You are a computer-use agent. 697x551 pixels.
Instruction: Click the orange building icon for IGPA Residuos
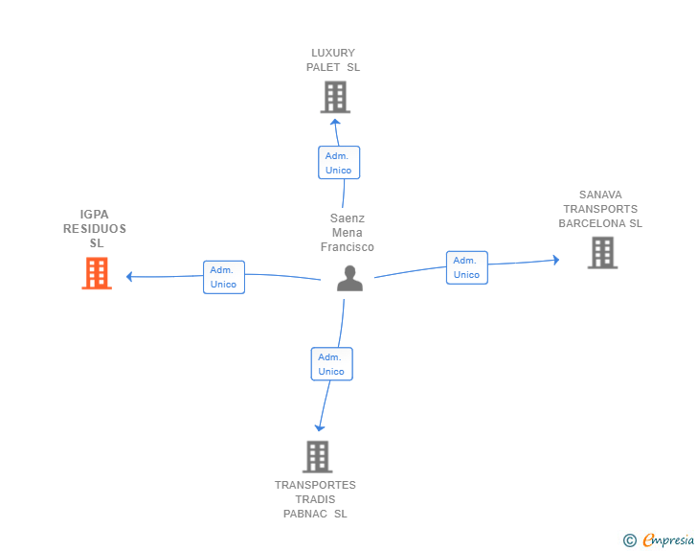[97, 273]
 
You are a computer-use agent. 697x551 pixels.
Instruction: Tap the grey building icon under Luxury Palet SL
[336, 97]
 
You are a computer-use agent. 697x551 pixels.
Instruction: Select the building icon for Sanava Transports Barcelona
[603, 253]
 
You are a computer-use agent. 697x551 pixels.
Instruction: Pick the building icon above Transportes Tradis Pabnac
[318, 457]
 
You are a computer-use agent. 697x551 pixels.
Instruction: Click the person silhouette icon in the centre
[349, 279]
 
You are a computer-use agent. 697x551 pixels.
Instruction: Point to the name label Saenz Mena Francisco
[348, 233]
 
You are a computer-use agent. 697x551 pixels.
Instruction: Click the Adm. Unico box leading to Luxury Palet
[339, 163]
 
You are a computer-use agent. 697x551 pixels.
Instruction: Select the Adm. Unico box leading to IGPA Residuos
[224, 277]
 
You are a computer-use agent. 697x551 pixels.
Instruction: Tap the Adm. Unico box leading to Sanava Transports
[467, 267]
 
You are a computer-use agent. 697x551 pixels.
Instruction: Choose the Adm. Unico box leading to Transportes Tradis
[332, 364]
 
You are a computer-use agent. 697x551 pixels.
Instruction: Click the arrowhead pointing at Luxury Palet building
[336, 122]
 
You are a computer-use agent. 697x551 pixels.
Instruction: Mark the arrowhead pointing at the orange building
[129, 277]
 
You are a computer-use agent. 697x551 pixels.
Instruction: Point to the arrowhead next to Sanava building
[556, 260]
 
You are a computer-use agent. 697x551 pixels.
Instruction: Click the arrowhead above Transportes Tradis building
[320, 428]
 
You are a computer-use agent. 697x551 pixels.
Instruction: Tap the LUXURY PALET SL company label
[333, 60]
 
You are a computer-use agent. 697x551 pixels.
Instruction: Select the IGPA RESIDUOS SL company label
[95, 229]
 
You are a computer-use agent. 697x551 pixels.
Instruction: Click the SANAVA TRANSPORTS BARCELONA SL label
[600, 209]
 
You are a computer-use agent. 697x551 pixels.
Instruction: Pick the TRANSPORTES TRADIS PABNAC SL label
[315, 499]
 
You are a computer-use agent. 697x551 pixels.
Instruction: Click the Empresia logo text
[668, 540]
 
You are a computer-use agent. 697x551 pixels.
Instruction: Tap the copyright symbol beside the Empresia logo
[630, 540]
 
